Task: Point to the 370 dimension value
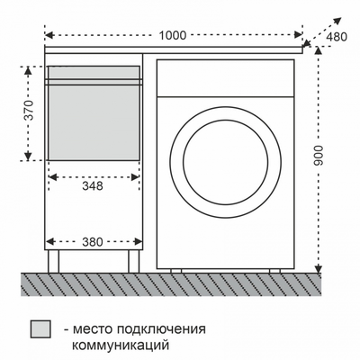tap(29, 112)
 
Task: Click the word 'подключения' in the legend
tap(159, 328)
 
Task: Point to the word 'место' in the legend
tap(94, 328)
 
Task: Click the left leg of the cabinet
tap(56, 261)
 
